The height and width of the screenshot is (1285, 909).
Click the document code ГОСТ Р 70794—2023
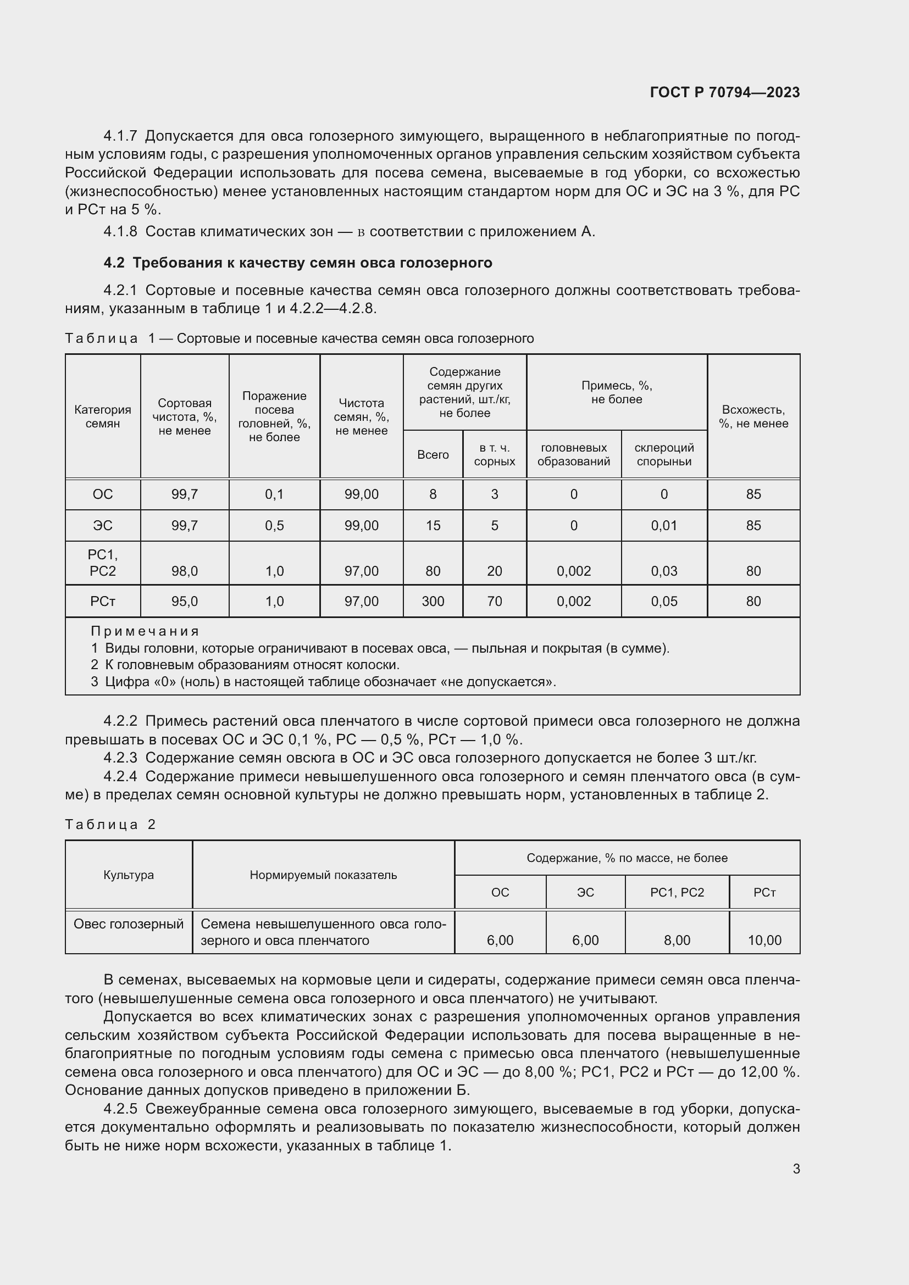click(725, 92)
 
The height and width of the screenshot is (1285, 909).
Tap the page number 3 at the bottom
click(796, 1169)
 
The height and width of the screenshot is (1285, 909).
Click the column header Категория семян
click(102, 416)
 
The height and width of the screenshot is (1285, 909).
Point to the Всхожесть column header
click(753, 416)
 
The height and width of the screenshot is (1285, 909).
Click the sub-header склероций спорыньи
click(664, 454)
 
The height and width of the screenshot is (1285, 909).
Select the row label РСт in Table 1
click(102, 601)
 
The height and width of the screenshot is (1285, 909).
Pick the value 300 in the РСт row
click(433, 601)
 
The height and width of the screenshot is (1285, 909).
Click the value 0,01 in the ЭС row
click(664, 526)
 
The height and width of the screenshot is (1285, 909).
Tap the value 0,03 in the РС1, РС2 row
click(664, 571)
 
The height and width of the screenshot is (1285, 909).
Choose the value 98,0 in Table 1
click(184, 571)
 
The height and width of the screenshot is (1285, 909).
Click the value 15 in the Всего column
click(433, 526)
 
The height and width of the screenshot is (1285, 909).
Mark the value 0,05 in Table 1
click(664, 601)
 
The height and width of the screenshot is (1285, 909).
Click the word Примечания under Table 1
click(145, 631)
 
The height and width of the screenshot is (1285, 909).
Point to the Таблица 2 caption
click(110, 825)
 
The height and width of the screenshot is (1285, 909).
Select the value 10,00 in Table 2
click(764, 940)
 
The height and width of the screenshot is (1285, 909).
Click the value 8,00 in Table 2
click(677, 940)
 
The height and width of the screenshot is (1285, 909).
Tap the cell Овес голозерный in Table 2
click(128, 924)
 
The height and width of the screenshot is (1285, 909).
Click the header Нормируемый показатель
click(323, 875)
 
